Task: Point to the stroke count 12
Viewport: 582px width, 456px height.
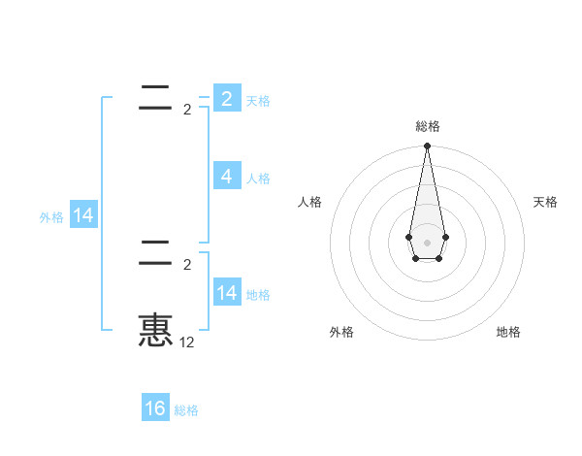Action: coord(186,342)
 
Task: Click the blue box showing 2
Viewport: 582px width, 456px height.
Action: coord(226,98)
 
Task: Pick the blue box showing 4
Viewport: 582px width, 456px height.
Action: coord(226,177)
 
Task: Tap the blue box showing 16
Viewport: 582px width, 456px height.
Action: coord(155,408)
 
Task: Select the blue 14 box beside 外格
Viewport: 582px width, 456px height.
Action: coord(83,216)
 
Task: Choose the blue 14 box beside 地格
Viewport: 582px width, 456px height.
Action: coord(226,293)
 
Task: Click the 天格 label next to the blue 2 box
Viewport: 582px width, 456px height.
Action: coord(258,101)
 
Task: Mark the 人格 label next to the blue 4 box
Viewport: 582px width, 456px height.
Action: coord(258,179)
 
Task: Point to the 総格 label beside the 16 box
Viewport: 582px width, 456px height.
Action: coord(186,411)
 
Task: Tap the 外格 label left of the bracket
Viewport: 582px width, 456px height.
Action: coord(51,218)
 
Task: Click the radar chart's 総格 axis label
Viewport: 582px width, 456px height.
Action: coord(427,126)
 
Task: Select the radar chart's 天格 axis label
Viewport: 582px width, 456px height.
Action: coord(545,202)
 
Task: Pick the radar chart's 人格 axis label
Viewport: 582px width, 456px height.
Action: coord(310,202)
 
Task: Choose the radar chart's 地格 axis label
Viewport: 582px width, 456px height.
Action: coord(508,332)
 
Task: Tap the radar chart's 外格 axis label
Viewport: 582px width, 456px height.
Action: coord(341,332)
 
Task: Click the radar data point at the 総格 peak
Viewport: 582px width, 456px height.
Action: coord(427,147)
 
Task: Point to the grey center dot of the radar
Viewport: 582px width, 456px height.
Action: coord(427,242)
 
